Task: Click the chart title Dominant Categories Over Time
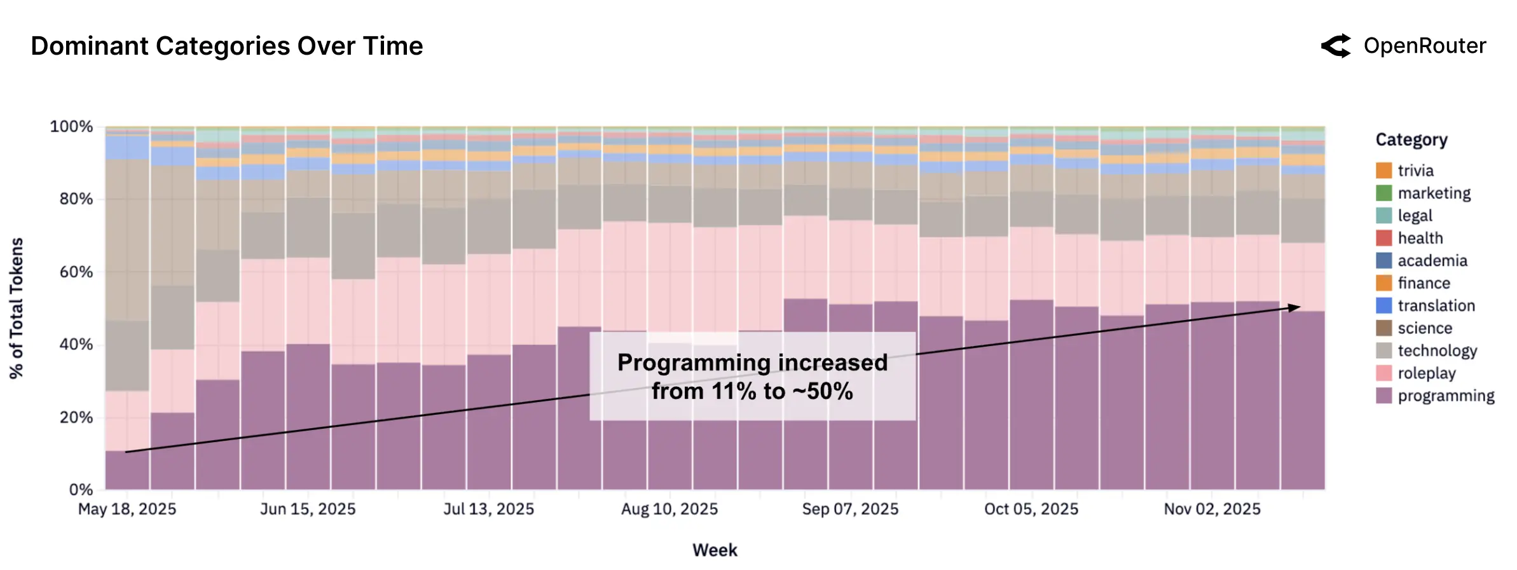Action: (226, 46)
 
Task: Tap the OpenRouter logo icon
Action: (1336, 46)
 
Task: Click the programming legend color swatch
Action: (1383, 396)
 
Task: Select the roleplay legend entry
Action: (1426, 373)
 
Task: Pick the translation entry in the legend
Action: (1436, 306)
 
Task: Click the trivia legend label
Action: (1415, 170)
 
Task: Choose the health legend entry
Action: (1420, 238)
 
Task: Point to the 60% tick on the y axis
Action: (76, 272)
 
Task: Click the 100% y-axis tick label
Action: (71, 127)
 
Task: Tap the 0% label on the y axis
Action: (81, 490)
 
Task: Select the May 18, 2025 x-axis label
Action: (127, 509)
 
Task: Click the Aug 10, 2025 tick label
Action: (669, 509)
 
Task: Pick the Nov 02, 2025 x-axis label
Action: (1212, 509)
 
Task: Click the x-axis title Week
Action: (715, 550)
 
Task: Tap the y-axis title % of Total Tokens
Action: (17, 308)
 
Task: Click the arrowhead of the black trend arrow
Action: (1294, 308)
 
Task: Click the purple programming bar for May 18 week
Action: (127, 471)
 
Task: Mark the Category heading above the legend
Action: (1411, 140)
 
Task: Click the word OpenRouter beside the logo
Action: (1425, 46)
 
